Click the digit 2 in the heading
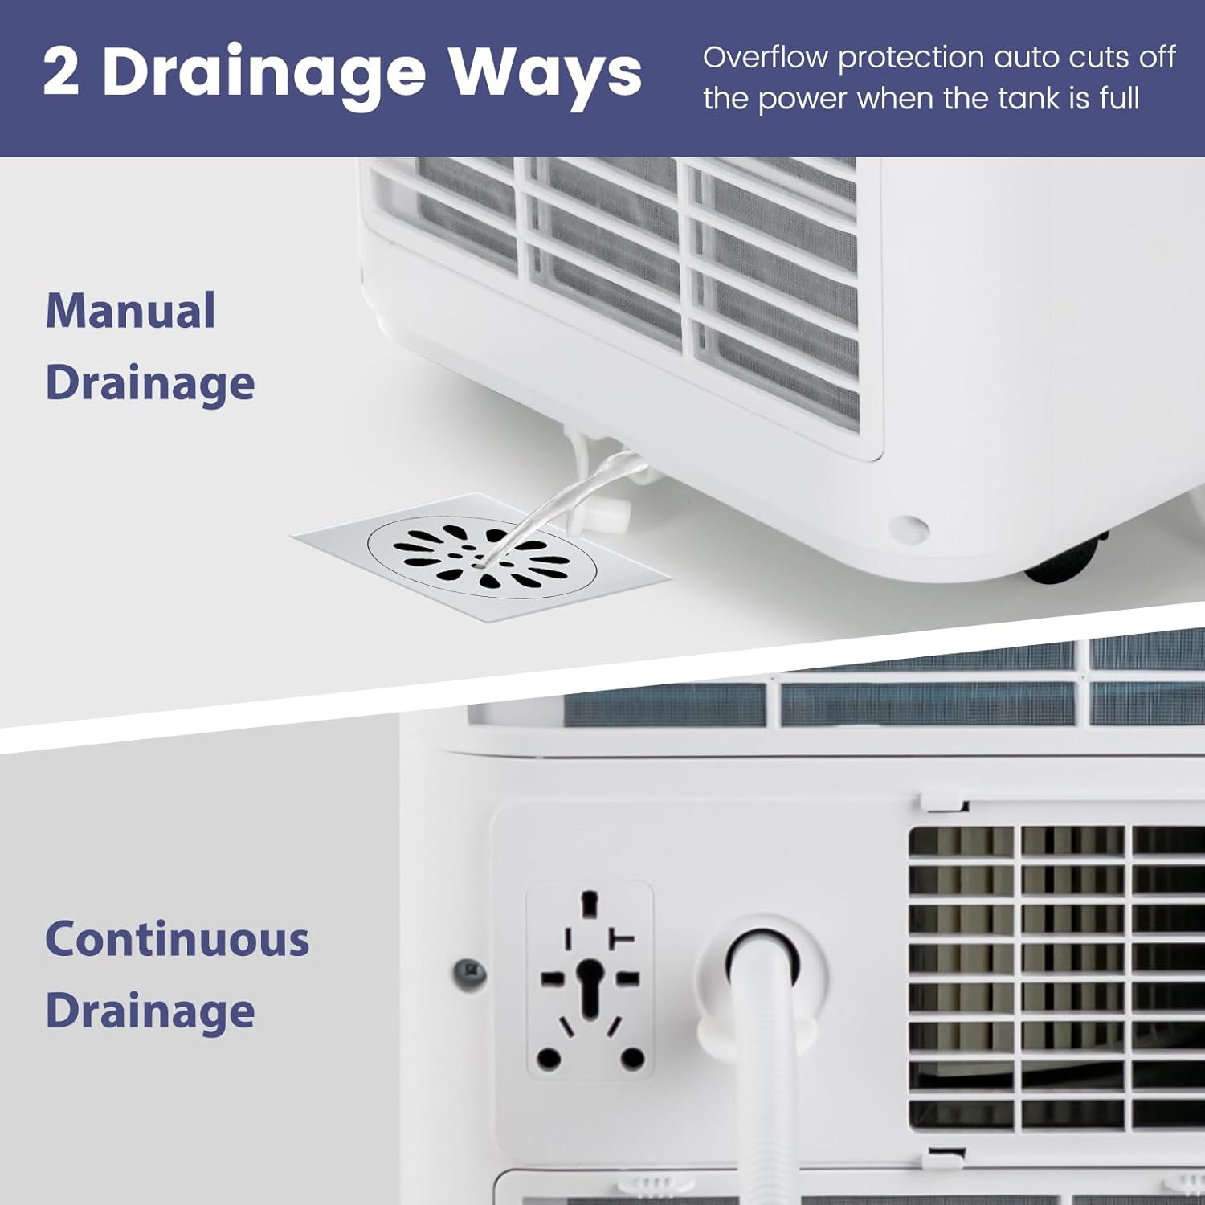coord(62,72)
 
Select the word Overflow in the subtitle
coord(765,58)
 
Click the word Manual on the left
coord(130,311)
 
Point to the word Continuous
coord(177,939)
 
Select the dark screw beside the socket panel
coord(470,973)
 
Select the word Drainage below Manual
coord(150,383)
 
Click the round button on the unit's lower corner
coord(909,528)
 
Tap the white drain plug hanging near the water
coord(607,514)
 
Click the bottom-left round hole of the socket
coord(549,1058)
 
